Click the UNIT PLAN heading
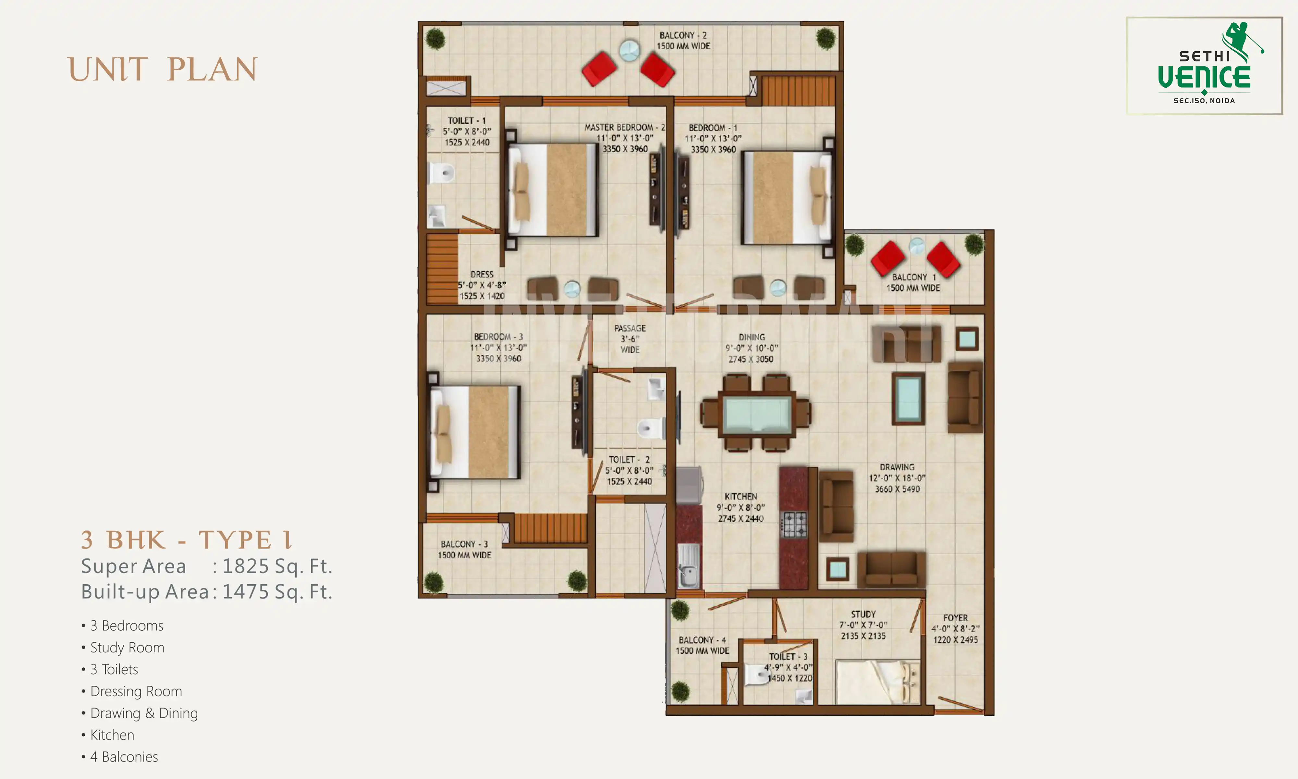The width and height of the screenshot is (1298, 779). pos(163,70)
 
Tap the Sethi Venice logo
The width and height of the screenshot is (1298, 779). pos(1204,66)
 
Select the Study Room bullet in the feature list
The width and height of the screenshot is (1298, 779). pos(127,647)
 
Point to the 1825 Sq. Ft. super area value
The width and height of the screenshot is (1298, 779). pos(277,566)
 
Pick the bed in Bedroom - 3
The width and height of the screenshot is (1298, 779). pos(475,432)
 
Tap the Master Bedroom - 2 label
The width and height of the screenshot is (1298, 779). pos(624,138)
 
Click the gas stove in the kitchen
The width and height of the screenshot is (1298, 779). pos(794,524)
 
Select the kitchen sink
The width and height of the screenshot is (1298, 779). pos(688,567)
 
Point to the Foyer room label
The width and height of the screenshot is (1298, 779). pos(955,628)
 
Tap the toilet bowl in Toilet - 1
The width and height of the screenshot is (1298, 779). pos(441,172)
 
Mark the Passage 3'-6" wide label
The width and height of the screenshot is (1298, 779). pos(630,339)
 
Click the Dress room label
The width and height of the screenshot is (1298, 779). pos(482,285)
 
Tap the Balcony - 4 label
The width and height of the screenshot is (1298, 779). pos(702,645)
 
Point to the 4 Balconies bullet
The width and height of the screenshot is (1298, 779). pos(124,756)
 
